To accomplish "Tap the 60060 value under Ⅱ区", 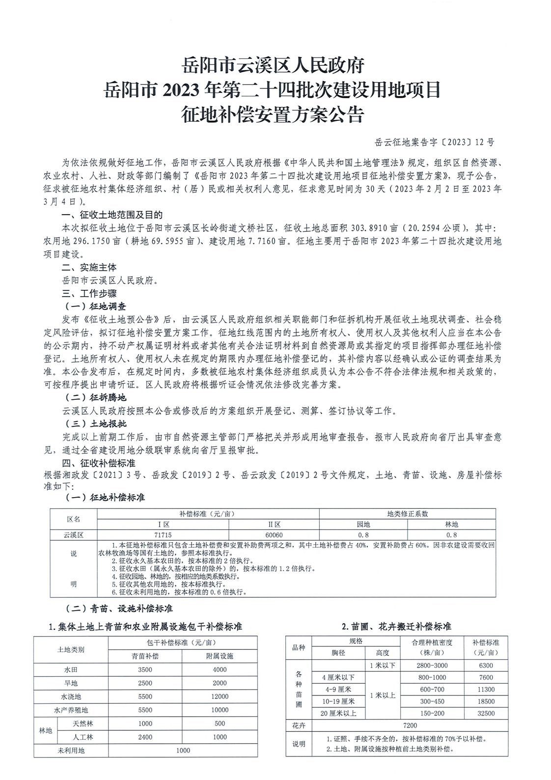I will point(274,535).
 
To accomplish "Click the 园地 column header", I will point(363,524).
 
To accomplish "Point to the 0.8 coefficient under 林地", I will point(451,535).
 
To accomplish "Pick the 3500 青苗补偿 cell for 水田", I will point(145,669).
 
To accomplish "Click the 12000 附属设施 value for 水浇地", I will point(220,696).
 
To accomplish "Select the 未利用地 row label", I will point(71,750).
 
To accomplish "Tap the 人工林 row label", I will point(83,737).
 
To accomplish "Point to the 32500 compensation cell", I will point(486,713).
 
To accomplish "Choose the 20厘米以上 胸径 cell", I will point(338,713).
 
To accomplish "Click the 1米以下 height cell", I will point(383,666).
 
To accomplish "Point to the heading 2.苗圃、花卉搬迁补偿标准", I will point(396,627).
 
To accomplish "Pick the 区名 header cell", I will point(74,519).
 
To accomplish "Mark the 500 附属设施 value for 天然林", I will point(220,723).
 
